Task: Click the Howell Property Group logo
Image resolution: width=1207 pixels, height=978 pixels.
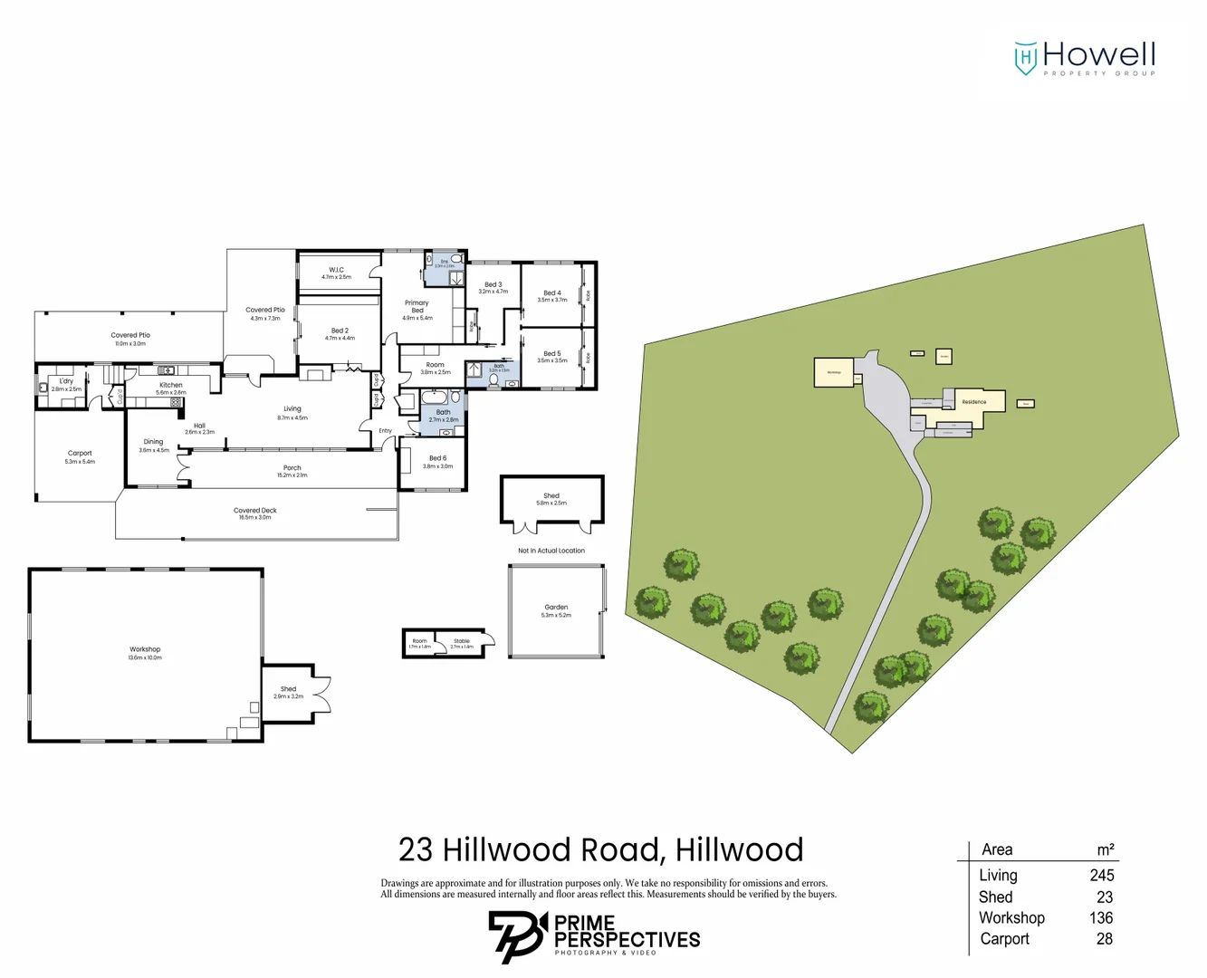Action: pyautogui.click(x=1085, y=58)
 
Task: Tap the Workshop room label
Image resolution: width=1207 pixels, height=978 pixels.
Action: pyautogui.click(x=145, y=649)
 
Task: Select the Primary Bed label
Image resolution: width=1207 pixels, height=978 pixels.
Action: pyautogui.click(x=417, y=307)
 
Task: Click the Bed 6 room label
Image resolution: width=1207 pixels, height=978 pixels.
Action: pyautogui.click(x=437, y=458)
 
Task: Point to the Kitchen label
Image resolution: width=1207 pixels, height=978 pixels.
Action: pyautogui.click(x=170, y=385)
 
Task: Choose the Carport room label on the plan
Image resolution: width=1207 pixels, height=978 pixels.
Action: pyautogui.click(x=80, y=454)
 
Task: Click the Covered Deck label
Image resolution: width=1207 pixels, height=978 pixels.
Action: pyautogui.click(x=254, y=511)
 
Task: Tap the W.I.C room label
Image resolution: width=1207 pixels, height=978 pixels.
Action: pyautogui.click(x=336, y=270)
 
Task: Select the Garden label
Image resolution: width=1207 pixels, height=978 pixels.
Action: pyautogui.click(x=556, y=608)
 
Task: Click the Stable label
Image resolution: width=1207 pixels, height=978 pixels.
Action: pyautogui.click(x=462, y=641)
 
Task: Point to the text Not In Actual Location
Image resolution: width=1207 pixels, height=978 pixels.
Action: pyautogui.click(x=551, y=551)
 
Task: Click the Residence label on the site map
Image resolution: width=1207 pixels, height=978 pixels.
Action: pyautogui.click(x=974, y=402)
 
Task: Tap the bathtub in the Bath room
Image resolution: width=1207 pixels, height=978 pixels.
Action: pyautogui.click(x=433, y=398)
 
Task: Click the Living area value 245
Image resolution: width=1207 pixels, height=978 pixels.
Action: pyautogui.click(x=1101, y=876)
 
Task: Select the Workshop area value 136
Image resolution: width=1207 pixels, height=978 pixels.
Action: pyautogui.click(x=1101, y=918)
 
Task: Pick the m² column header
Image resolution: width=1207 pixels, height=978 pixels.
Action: pyautogui.click(x=1105, y=850)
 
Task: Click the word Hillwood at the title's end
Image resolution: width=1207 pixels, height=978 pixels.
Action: pyautogui.click(x=739, y=850)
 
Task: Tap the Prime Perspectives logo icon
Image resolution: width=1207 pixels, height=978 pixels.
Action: pyautogui.click(x=518, y=936)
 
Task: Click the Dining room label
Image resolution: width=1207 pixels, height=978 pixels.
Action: pyautogui.click(x=153, y=443)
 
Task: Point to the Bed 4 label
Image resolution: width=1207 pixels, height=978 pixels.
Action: pyautogui.click(x=551, y=293)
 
